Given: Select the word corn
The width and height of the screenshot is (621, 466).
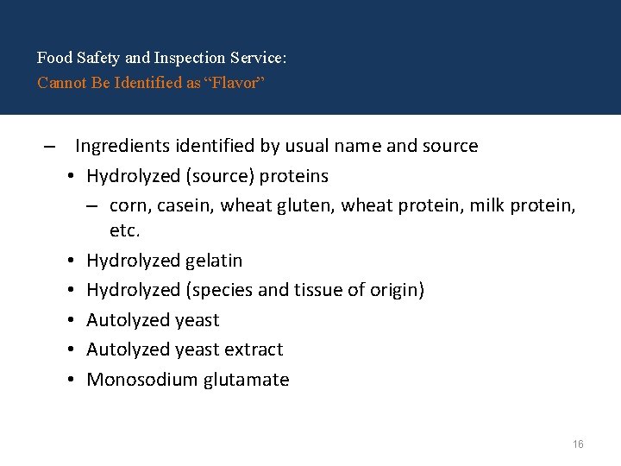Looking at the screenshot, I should pyautogui.click(x=129, y=205).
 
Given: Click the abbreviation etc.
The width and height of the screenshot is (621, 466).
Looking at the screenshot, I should pyautogui.click(x=124, y=230).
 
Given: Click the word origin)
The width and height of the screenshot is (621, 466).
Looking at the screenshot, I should pyautogui.click(x=396, y=290).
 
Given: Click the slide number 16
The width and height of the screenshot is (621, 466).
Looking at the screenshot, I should pyautogui.click(x=578, y=444).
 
